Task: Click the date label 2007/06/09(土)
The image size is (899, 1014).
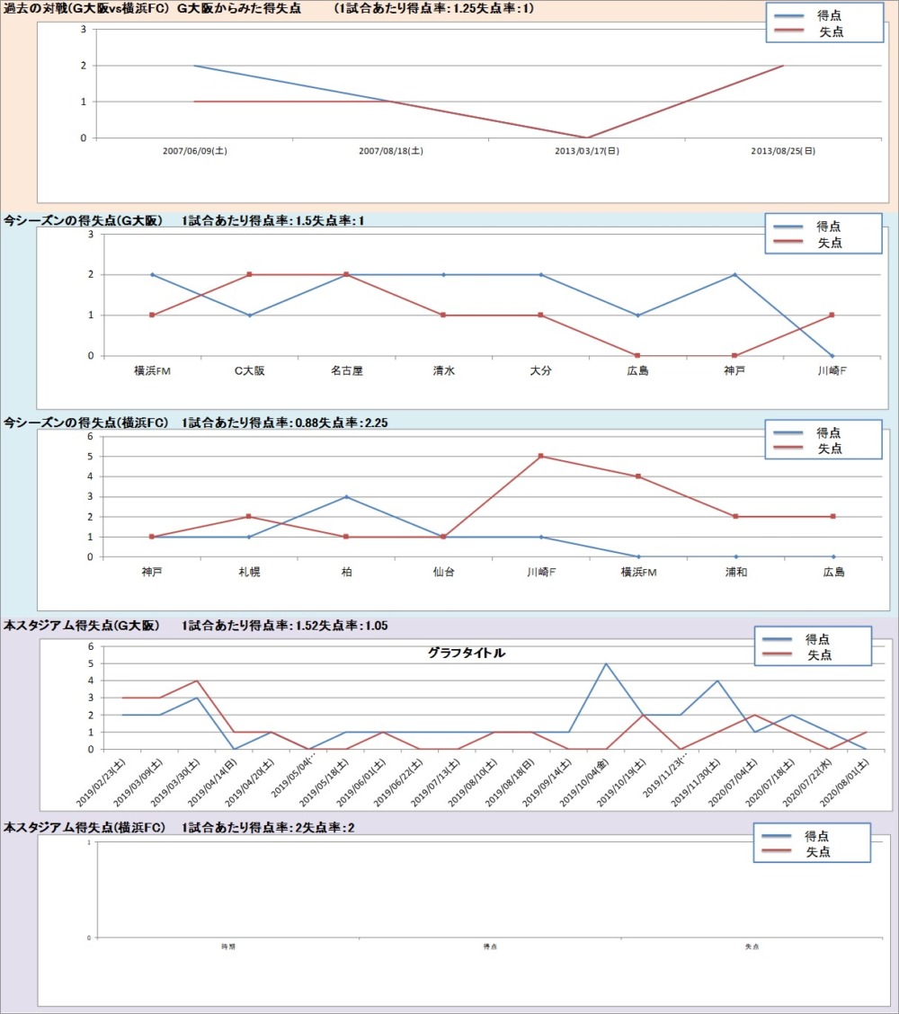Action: click(x=194, y=151)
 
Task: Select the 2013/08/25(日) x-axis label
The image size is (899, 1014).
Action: click(x=783, y=151)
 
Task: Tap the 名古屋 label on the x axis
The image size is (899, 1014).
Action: click(x=346, y=370)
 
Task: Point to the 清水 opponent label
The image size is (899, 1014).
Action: click(x=443, y=370)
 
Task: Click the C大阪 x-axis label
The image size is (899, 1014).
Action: click(x=249, y=370)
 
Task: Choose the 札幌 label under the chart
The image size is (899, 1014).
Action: click(x=249, y=572)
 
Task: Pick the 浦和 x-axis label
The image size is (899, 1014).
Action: click(x=736, y=572)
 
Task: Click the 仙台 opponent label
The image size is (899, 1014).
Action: click(x=443, y=572)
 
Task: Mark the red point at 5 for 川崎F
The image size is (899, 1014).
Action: click(x=541, y=456)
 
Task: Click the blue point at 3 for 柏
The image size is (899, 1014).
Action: click(x=346, y=496)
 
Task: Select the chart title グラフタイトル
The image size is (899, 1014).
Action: click(x=467, y=654)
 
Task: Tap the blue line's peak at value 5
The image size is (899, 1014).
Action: click(x=605, y=663)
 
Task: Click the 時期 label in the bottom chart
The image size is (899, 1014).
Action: click(x=228, y=947)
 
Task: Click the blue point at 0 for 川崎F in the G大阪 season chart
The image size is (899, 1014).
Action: click(x=832, y=356)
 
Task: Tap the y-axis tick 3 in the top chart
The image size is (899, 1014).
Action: click(x=84, y=29)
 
